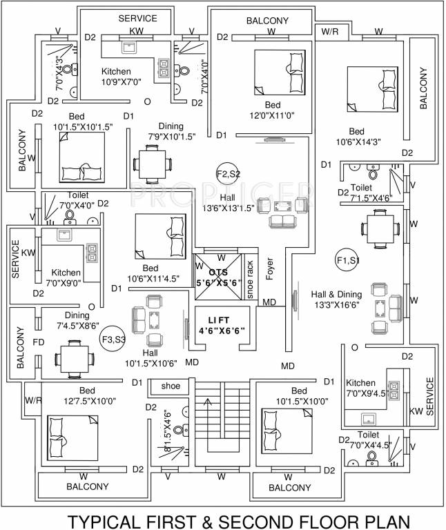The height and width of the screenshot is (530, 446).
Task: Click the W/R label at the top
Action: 329,31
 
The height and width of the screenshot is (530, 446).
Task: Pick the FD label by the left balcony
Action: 39,341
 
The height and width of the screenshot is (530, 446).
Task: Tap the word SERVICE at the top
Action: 137,19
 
